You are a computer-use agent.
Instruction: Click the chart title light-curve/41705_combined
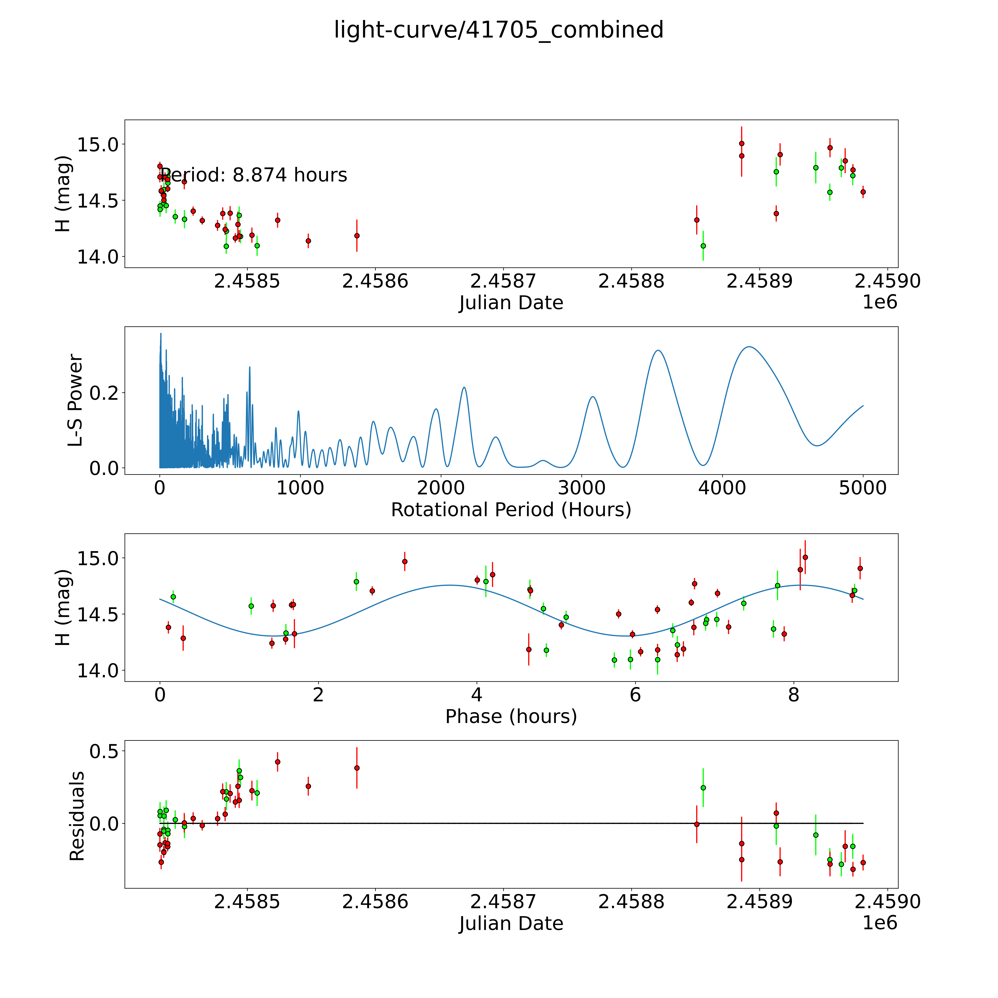[x=498, y=30]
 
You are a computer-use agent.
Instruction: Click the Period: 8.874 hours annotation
[x=253, y=175]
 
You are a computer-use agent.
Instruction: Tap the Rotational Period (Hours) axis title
[x=511, y=510]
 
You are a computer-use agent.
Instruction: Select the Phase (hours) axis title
[x=511, y=717]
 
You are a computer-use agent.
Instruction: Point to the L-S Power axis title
[x=75, y=400]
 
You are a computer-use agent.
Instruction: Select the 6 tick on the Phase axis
[x=635, y=695]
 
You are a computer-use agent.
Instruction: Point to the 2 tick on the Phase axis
[x=318, y=695]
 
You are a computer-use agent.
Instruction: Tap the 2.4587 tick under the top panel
[x=503, y=281]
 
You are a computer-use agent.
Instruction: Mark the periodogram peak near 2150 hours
[x=464, y=387]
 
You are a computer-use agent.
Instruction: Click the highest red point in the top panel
[x=741, y=144]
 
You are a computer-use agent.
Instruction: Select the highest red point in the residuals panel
[x=277, y=761]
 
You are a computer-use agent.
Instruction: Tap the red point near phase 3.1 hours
[x=405, y=561]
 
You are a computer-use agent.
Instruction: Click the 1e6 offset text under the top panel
[x=880, y=302]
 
